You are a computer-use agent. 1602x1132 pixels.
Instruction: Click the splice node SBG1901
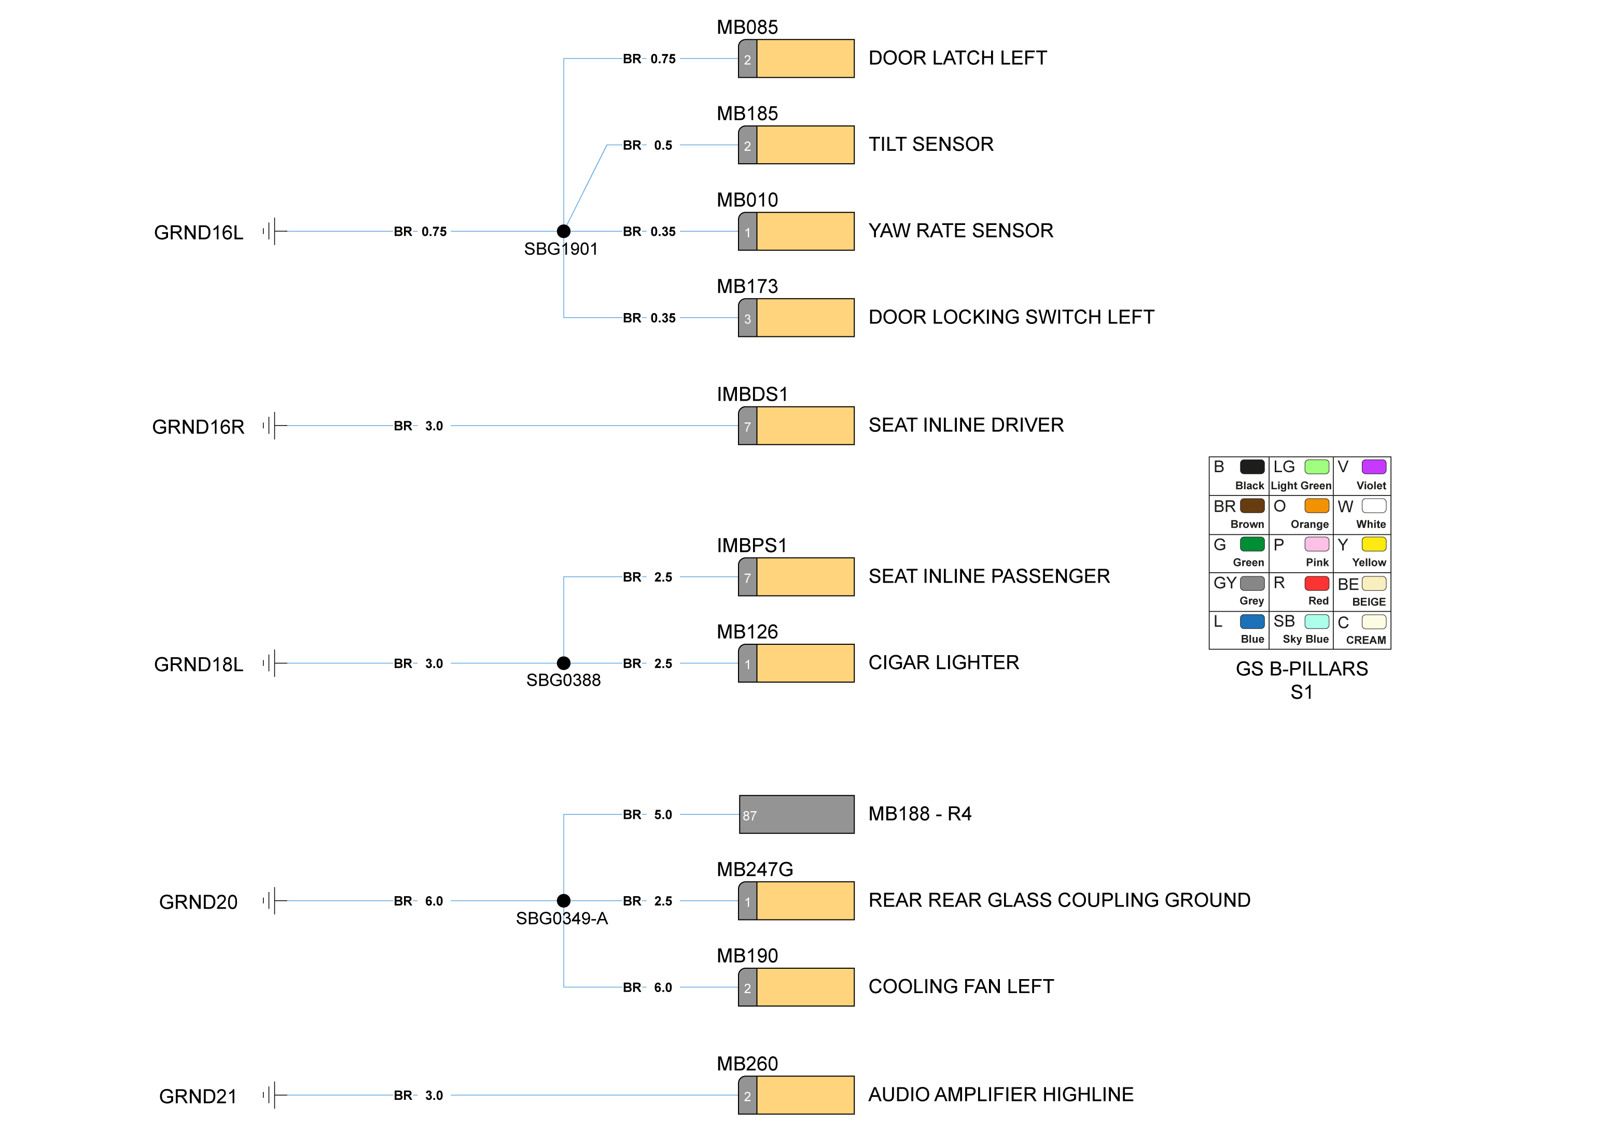(563, 231)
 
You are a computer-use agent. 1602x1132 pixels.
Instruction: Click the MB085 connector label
(747, 27)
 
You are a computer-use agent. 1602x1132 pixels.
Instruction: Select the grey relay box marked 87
(796, 814)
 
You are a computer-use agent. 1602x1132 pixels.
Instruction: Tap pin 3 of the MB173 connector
(747, 318)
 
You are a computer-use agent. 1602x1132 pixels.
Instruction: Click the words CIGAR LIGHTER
(943, 662)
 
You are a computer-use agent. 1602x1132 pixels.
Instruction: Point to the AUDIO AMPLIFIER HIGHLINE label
(1000, 1094)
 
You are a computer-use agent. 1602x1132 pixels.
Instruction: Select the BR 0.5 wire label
(648, 145)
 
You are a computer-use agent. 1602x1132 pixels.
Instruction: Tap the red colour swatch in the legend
(1316, 583)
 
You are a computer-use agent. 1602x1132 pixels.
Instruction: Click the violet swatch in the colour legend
(1373, 466)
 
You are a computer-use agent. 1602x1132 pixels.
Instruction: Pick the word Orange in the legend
(1309, 524)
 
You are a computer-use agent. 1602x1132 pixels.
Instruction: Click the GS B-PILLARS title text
(1301, 668)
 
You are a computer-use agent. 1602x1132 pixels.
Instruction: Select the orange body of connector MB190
(805, 987)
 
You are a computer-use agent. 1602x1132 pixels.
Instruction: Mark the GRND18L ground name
(198, 664)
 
